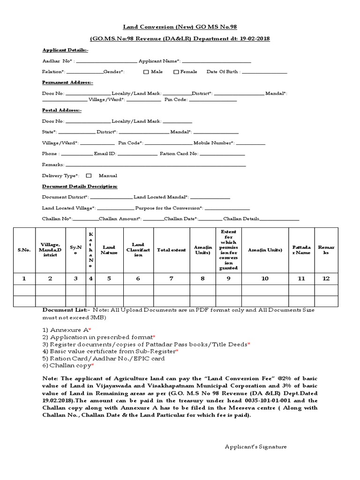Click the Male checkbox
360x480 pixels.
click(x=146, y=72)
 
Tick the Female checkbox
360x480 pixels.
click(x=176, y=72)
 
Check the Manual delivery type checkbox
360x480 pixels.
click(x=89, y=176)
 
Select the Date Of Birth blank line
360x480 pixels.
click(x=264, y=72)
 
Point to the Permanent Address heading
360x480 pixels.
click(x=67, y=82)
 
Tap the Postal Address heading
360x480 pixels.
click(x=62, y=110)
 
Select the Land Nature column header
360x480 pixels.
click(x=109, y=250)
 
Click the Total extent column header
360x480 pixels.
click(x=171, y=250)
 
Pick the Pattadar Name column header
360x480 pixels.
click(x=301, y=250)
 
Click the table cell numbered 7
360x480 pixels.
click(x=171, y=278)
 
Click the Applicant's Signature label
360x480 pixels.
click(x=255, y=447)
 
